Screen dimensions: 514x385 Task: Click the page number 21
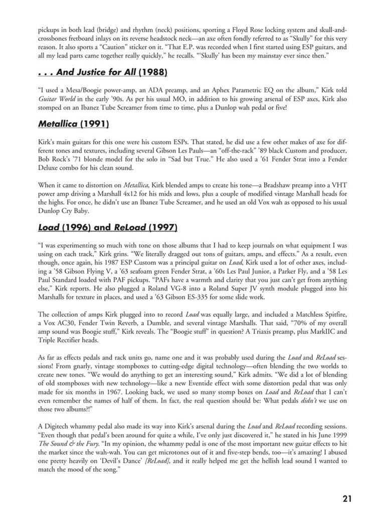(x=347, y=498)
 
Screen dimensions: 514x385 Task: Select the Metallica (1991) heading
(x=73, y=123)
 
